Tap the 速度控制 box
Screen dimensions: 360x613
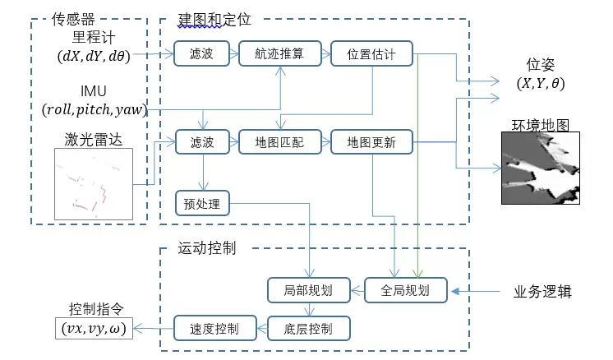207,329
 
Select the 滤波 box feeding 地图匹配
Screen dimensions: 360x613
196,142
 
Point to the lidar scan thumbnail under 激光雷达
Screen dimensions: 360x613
93,183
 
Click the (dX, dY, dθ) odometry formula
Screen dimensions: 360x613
93,55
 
